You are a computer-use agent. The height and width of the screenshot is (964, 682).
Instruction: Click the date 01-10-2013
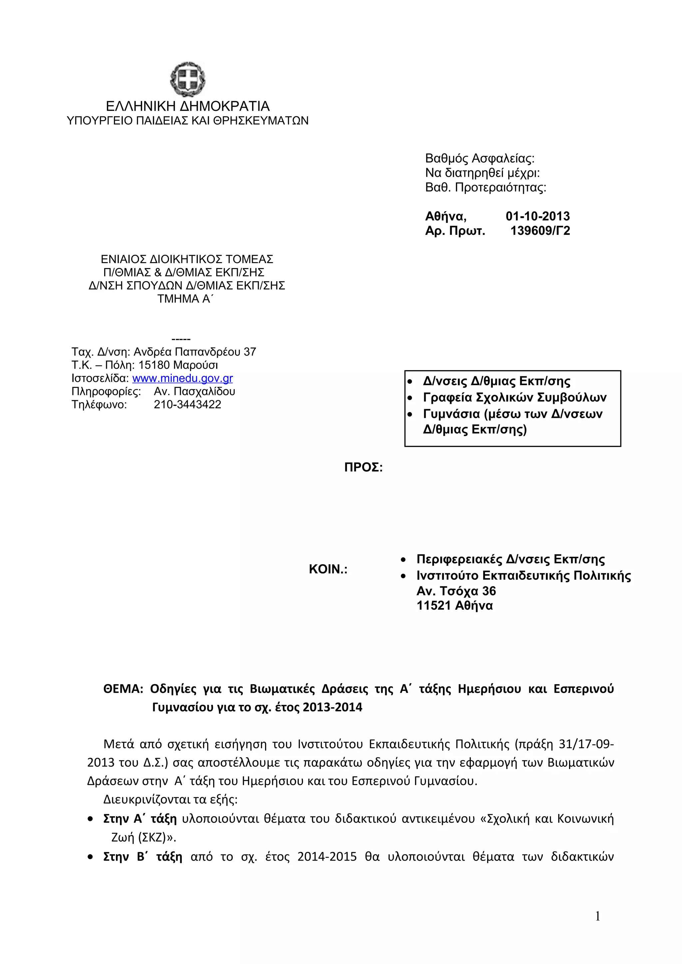click(x=537, y=216)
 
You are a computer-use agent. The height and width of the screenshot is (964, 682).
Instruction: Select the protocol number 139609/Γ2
click(x=540, y=231)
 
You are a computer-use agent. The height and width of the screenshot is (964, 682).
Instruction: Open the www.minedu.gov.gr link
click(x=182, y=378)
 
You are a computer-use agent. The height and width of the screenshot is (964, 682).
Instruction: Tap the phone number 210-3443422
click(x=187, y=404)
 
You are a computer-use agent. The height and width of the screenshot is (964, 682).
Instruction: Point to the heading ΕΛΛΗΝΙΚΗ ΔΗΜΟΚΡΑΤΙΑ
click(x=187, y=106)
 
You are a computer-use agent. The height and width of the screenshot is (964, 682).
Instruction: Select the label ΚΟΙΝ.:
click(x=328, y=569)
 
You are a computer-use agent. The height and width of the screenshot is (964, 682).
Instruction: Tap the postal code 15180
click(x=154, y=365)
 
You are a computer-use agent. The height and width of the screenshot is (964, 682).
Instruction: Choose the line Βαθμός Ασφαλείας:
click(x=480, y=159)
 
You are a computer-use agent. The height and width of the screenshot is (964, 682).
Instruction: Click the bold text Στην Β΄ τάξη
click(x=143, y=857)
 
